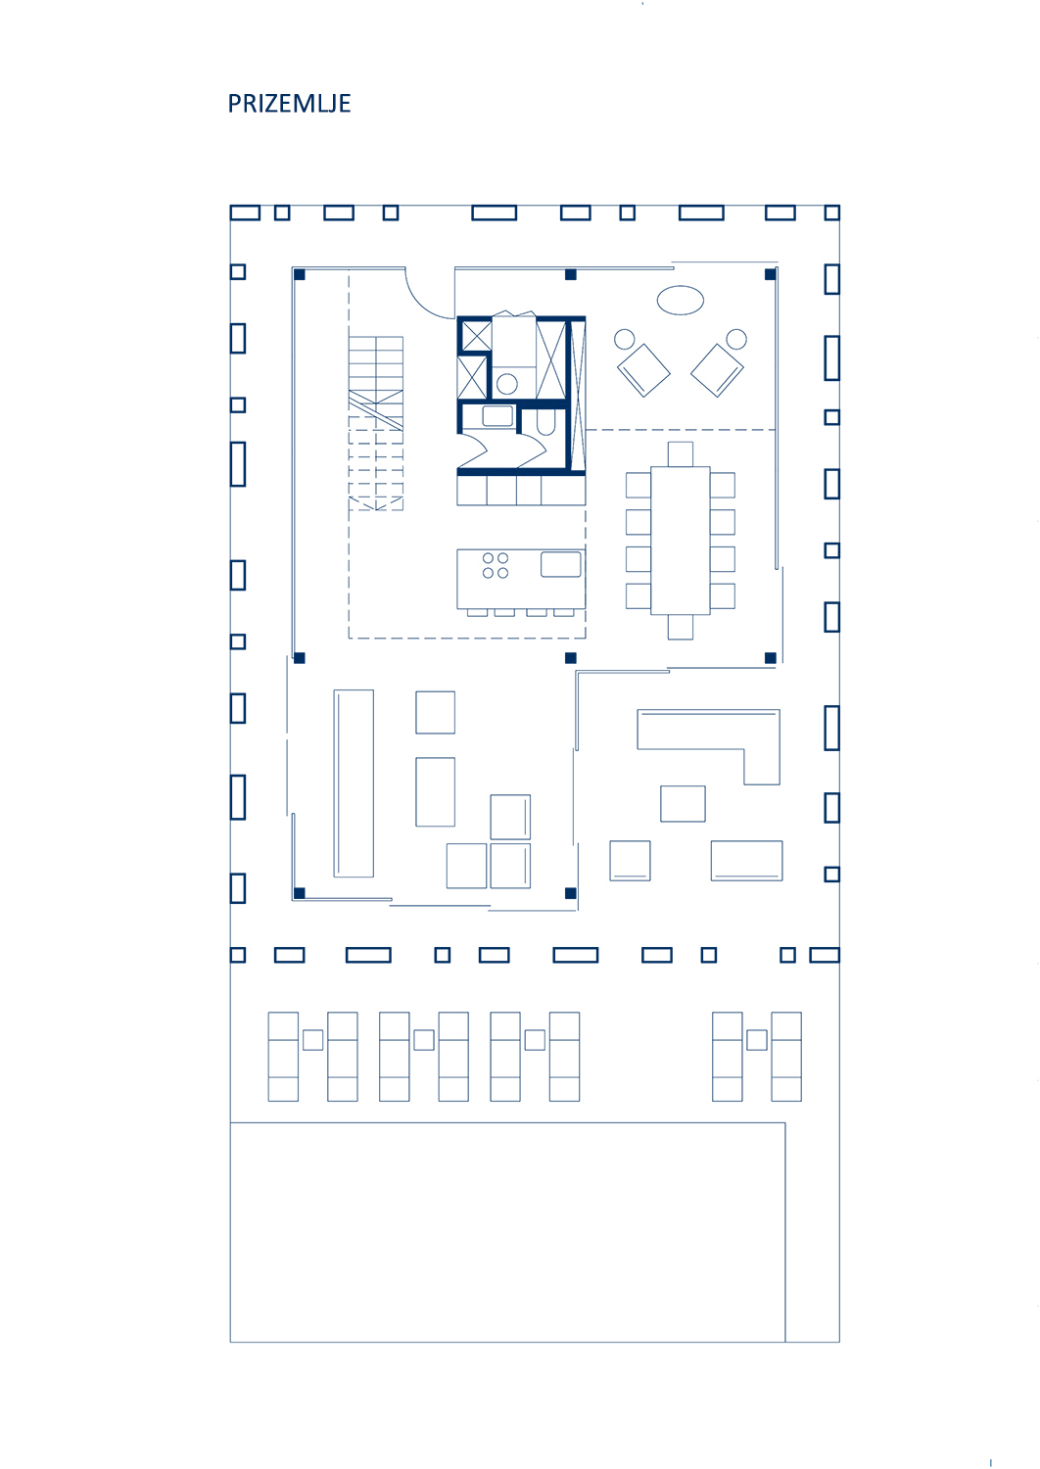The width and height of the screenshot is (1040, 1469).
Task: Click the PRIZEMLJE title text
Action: click(289, 104)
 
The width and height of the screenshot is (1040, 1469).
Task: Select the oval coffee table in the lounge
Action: click(680, 301)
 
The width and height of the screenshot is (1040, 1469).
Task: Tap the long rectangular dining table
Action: click(680, 541)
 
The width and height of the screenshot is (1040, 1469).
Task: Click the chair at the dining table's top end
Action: click(680, 453)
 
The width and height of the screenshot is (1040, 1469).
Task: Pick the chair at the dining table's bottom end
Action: click(680, 627)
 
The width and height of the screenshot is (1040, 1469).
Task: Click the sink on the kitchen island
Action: click(561, 564)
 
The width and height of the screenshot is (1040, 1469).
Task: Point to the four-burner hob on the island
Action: click(496, 565)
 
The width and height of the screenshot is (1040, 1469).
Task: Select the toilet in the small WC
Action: click(545, 422)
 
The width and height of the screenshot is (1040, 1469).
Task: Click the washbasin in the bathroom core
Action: click(497, 416)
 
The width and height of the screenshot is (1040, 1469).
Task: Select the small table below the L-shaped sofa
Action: click(683, 803)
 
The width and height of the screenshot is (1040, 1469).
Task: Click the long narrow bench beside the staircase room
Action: click(354, 783)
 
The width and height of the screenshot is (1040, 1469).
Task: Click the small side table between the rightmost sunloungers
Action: click(757, 1040)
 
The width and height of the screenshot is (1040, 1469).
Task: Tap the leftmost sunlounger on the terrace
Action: click(283, 1057)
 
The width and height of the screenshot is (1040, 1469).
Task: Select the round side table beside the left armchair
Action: click(624, 339)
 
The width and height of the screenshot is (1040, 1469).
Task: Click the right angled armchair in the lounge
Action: click(717, 370)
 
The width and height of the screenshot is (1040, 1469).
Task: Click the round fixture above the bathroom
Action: click(507, 384)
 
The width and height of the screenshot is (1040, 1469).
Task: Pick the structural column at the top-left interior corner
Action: click(299, 274)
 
